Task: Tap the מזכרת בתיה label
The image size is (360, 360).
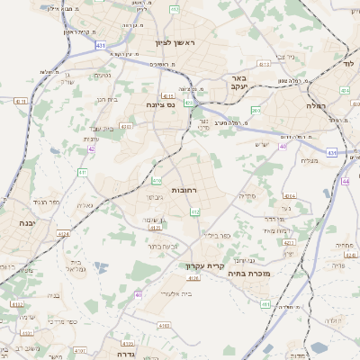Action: tap(250, 273)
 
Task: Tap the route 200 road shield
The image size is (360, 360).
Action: tap(256, 110)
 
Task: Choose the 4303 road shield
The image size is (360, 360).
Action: tap(128, 128)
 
